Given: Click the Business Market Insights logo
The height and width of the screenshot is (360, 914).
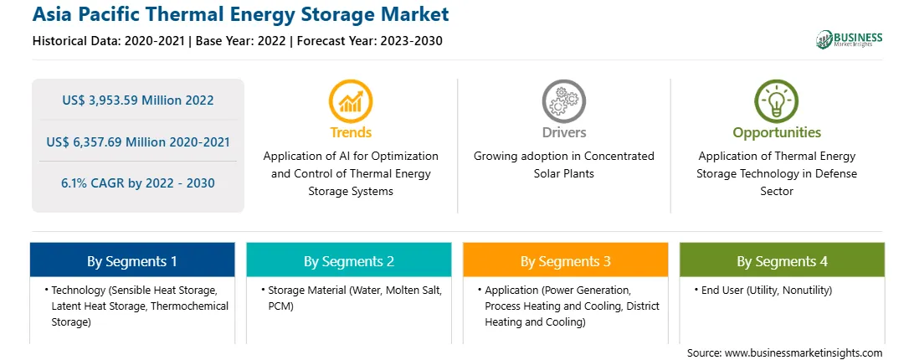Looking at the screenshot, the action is [x=850, y=39].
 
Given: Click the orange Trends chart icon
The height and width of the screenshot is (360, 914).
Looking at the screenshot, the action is [x=351, y=101].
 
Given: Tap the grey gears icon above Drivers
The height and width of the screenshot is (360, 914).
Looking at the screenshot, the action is [x=563, y=101].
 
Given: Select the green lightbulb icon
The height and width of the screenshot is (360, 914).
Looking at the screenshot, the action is [x=777, y=101].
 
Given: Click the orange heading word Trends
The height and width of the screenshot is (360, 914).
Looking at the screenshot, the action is [x=351, y=132].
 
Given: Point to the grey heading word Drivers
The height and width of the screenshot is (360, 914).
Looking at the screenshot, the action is [x=564, y=132].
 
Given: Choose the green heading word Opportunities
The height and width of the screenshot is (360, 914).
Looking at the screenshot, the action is [x=777, y=133].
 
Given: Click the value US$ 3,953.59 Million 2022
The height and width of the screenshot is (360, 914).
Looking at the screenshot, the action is [x=138, y=100].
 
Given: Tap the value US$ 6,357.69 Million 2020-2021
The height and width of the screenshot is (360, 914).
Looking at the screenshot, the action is [x=138, y=141].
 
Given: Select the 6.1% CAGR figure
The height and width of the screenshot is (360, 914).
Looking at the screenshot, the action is [x=138, y=183].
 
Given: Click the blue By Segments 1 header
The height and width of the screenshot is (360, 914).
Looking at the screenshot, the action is [x=132, y=261].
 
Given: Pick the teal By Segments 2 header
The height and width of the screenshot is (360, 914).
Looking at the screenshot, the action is [x=348, y=261].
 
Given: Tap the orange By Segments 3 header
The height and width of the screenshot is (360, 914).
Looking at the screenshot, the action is [x=566, y=261].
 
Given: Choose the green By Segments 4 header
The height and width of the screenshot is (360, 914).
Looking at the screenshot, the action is [x=783, y=261].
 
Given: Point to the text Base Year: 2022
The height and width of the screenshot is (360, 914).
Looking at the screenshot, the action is [x=241, y=41].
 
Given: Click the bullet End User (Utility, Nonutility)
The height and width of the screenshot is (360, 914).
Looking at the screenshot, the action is [x=763, y=290].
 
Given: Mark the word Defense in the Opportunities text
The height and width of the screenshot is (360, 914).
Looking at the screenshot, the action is [x=839, y=174].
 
